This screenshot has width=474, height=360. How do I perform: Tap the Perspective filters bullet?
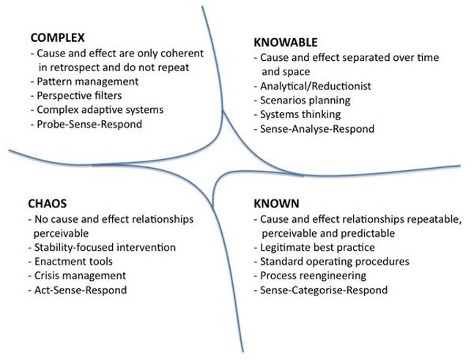78,95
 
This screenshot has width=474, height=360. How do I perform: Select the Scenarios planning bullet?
304,100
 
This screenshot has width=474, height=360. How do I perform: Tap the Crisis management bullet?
78,276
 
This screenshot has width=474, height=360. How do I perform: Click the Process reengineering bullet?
311,276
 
